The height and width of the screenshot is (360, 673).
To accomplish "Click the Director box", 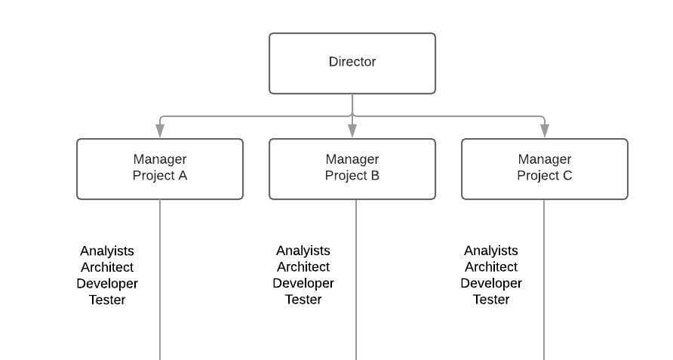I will (352, 63).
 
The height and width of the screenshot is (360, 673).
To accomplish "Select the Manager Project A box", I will (160, 168).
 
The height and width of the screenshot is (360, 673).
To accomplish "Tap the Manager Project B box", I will (352, 168).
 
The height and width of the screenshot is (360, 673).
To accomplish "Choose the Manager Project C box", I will (544, 168).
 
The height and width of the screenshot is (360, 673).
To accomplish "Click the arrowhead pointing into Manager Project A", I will (160, 131).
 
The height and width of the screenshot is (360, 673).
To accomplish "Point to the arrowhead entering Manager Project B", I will (352, 131).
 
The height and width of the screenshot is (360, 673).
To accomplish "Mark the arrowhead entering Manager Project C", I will (544, 131).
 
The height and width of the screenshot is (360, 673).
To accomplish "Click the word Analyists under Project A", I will (107, 251).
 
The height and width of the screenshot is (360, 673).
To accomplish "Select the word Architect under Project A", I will (107, 267).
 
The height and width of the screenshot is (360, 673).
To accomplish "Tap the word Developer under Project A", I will (107, 284).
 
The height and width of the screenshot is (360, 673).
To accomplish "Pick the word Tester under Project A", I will (107, 300).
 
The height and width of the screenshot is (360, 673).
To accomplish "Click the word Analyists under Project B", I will (303, 251).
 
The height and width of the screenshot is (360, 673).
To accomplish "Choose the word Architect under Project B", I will (303, 266).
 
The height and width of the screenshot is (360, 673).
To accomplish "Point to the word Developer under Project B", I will (303, 283).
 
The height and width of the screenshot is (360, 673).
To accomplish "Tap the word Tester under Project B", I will (303, 300).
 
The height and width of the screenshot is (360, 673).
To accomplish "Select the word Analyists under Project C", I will (491, 251).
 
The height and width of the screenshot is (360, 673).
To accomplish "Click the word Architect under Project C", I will (491, 266).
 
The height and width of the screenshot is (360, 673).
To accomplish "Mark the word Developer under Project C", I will (491, 283).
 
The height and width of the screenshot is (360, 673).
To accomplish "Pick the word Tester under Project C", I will (491, 300).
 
